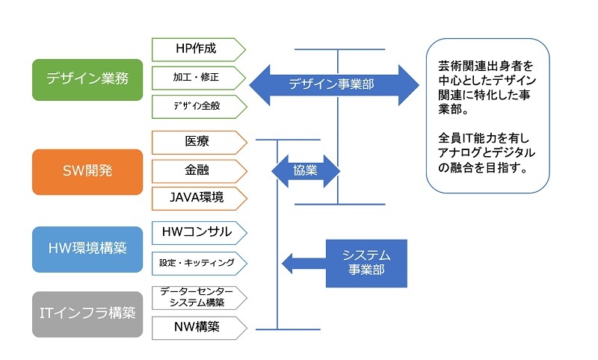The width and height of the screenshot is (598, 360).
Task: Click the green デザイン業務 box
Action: click(x=87, y=79)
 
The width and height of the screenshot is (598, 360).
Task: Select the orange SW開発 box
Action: click(x=87, y=171)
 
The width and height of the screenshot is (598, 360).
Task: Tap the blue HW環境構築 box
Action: click(x=87, y=249)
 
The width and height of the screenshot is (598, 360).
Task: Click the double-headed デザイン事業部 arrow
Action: click(x=333, y=84)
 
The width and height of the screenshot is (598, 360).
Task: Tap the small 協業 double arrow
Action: click(x=306, y=170)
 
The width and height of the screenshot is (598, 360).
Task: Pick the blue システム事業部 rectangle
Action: click(x=366, y=263)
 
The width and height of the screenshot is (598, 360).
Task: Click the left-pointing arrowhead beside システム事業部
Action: click(x=292, y=263)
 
